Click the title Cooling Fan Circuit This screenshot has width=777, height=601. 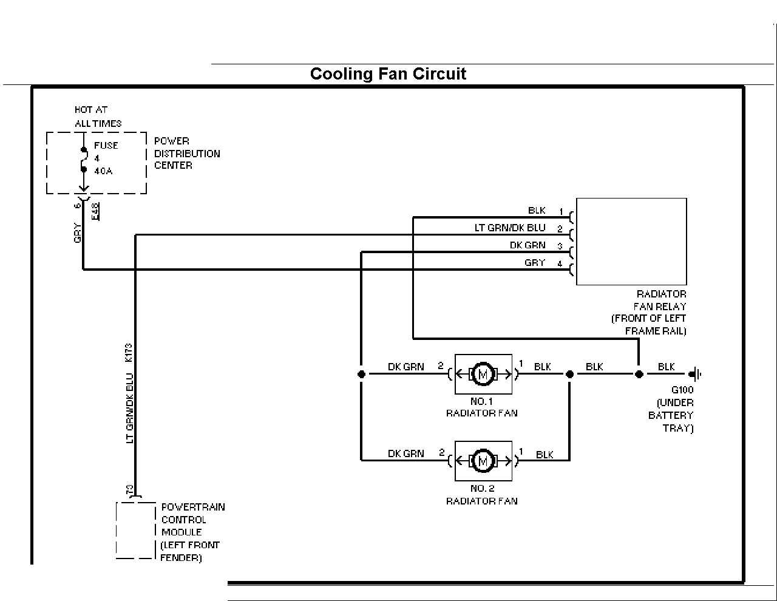388,74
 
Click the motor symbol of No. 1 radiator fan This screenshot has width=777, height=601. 483,374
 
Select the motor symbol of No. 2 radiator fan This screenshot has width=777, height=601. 483,461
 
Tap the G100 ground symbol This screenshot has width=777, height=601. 695,374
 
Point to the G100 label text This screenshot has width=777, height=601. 682,390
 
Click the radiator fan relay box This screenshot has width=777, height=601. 631,242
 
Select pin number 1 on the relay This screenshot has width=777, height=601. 561,212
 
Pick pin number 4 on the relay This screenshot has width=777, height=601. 560,264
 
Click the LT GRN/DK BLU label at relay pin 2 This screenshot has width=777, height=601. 509,228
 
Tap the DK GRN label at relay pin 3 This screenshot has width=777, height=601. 528,245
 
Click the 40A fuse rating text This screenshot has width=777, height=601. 103,171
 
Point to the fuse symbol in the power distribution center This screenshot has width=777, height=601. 84,160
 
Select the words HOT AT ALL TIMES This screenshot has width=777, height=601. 98,117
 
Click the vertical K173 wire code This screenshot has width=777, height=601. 129,353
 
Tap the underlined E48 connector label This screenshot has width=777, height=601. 95,212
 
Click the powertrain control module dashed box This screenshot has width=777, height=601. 136,531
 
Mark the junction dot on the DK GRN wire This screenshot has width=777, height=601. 361,374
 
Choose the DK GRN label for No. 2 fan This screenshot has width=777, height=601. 406,453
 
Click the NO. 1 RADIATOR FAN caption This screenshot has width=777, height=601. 481,407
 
